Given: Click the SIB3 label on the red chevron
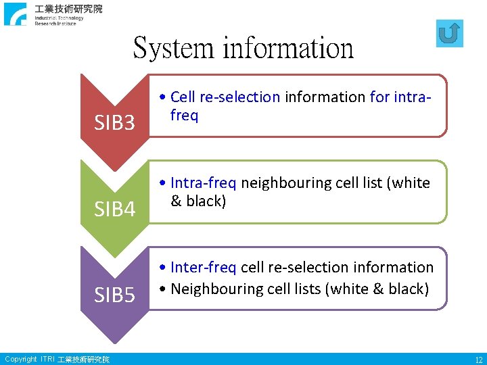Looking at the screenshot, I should [114, 123].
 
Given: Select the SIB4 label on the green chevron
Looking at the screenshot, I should [114, 210].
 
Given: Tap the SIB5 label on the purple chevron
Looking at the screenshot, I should [114, 295].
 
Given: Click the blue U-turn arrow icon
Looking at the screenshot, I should [449, 33].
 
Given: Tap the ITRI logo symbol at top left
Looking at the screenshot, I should [15, 14].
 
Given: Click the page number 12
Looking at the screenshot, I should [478, 360].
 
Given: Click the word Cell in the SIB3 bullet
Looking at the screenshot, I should [183, 97].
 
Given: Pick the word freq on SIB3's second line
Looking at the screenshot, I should [184, 115].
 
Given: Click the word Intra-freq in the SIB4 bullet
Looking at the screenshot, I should [204, 182].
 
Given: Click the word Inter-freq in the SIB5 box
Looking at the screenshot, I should [203, 268].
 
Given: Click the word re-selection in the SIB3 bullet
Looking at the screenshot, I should [240, 97].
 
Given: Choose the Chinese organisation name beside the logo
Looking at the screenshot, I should [69, 9].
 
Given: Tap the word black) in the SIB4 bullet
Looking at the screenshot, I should [206, 201].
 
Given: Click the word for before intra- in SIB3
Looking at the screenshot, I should [379, 97].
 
